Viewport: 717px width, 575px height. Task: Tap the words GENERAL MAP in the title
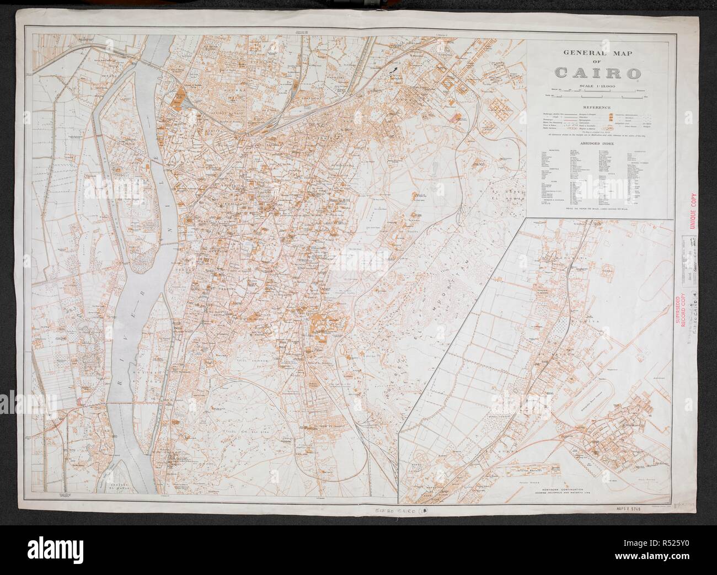(x=597, y=54)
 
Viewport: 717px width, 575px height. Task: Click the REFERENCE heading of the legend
(x=597, y=107)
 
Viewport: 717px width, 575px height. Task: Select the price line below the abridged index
(x=597, y=209)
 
